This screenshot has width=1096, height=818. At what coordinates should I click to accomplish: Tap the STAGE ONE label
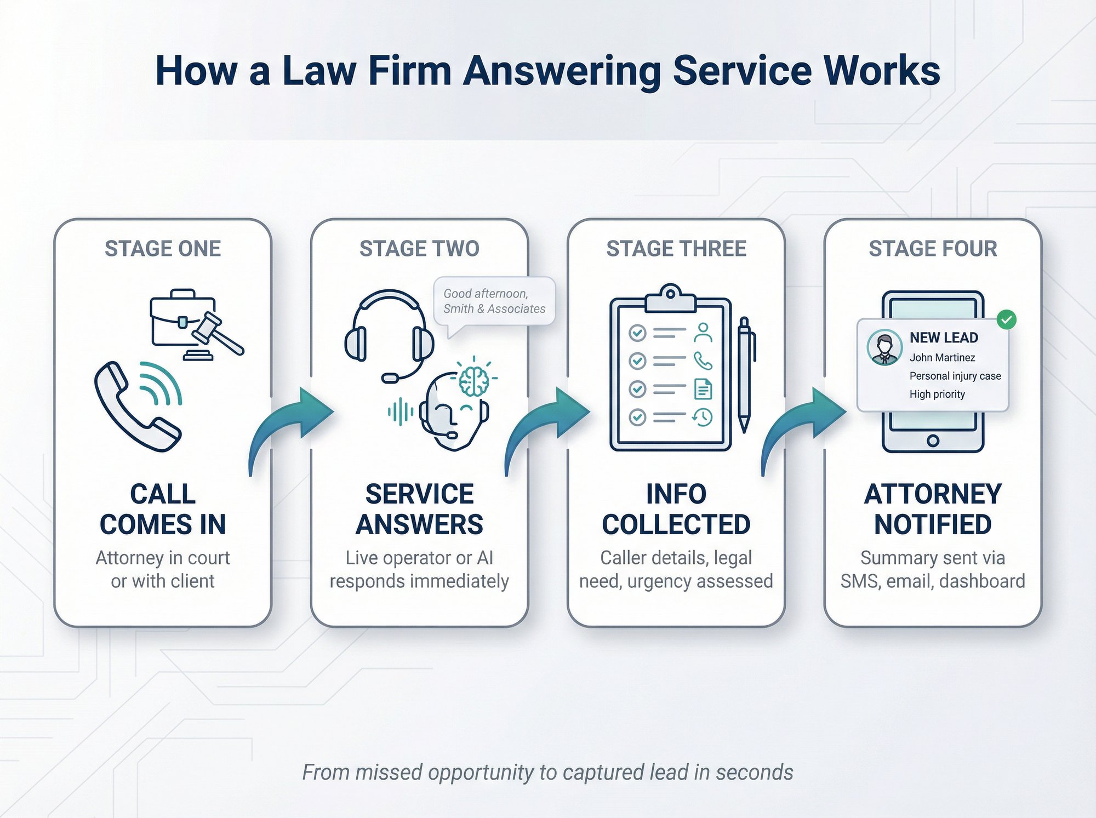point(163,249)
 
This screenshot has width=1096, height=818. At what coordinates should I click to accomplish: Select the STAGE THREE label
point(676,249)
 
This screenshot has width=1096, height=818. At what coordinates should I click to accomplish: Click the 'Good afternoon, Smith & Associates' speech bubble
point(494,302)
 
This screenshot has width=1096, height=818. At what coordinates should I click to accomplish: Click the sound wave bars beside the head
point(401,411)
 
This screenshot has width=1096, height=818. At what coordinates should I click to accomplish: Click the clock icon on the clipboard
point(703,417)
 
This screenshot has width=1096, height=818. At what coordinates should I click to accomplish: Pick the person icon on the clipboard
point(703,332)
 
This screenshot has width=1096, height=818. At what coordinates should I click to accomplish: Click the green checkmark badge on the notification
point(1006,319)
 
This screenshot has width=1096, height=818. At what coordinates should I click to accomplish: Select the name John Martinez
point(942,358)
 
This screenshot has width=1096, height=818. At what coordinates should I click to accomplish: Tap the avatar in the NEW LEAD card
point(884,347)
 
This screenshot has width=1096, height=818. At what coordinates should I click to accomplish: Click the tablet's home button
point(933,441)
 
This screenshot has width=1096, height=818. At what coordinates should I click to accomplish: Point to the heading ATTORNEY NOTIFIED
point(933,509)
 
